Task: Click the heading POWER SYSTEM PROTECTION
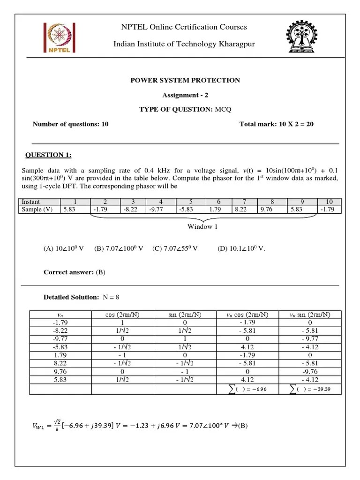pos(185,80)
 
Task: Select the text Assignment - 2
pos(185,95)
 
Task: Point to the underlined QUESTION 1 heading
pos(48,155)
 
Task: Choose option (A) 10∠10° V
pos(63,248)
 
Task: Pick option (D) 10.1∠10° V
pos(241,248)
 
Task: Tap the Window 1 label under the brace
pos(203,226)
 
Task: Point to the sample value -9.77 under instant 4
pos(160,210)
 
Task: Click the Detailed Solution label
pos(71,297)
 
